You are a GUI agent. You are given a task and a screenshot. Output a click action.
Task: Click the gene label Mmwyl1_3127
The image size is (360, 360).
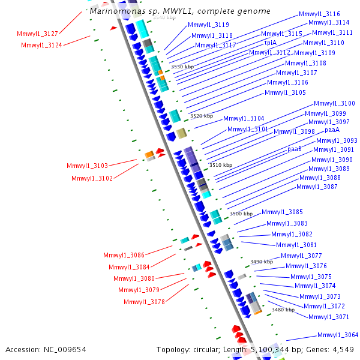coord(37,34)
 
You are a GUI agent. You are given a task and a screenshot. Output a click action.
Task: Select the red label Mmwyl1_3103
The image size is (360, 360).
coord(87,166)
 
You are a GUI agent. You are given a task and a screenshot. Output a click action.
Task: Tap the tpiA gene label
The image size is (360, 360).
coord(271,43)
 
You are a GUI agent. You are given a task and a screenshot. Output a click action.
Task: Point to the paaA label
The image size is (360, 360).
coord(332,130)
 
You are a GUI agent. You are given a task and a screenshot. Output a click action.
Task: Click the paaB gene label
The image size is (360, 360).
coord(295,149)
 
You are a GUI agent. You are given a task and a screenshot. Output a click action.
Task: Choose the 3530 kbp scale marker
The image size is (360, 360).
coord(182,67)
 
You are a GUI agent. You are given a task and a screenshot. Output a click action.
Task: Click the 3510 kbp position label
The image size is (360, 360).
coord(221,165)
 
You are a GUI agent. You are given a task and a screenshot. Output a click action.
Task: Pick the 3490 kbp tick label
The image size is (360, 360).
coord(262,262)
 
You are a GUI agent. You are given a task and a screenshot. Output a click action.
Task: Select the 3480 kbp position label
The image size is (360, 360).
coord(283,310)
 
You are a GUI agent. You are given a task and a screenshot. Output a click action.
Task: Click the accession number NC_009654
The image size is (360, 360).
coord(65,350)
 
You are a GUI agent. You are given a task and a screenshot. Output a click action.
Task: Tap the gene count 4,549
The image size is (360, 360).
coord(343,350)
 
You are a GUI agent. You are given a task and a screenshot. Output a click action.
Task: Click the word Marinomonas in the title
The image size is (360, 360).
coord(118,11)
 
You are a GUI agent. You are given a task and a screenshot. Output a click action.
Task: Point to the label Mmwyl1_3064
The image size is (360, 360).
coord(338,335)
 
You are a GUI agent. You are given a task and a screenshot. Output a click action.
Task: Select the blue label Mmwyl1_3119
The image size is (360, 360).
coord(208,25)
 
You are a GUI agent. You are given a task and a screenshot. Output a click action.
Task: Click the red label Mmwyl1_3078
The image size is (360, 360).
coord(144,302)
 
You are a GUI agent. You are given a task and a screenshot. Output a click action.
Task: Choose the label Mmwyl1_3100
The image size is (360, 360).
coord(334,103)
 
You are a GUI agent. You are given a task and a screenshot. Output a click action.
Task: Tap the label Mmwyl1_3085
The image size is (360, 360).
coord(282,212)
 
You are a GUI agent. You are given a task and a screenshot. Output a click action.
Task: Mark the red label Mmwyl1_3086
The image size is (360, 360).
coord(124,255)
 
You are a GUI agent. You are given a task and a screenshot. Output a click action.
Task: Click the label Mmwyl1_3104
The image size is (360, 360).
coord(244,118)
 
